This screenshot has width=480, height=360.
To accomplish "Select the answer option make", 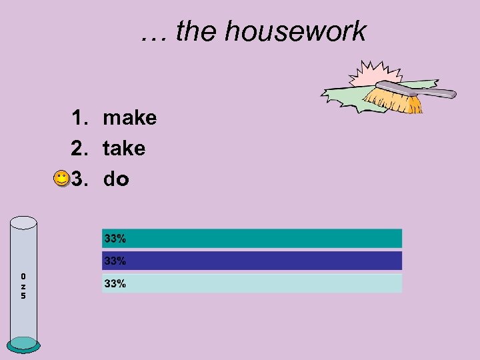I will coord(129,118).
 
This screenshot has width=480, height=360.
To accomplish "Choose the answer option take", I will coord(123,149).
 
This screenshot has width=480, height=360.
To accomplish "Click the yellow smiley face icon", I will coord(61,179).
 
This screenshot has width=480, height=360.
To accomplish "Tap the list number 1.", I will coord(80,118).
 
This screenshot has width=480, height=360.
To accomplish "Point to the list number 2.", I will coord(80,149).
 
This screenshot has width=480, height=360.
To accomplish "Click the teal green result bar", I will coord(267,238).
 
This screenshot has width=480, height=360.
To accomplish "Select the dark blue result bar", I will coord(267,261).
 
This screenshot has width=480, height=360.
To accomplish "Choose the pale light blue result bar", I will coord(267,283).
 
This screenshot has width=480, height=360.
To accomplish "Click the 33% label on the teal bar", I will coord(115,238).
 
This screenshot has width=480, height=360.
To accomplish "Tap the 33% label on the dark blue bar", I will coord(115,261).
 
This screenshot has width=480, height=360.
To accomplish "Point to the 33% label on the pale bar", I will coord(115,283).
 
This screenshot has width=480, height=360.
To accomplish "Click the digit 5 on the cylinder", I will coord(23,296).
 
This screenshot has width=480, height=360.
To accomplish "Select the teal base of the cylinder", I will coord(24,343).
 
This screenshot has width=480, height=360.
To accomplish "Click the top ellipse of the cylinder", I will coord(24,223).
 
